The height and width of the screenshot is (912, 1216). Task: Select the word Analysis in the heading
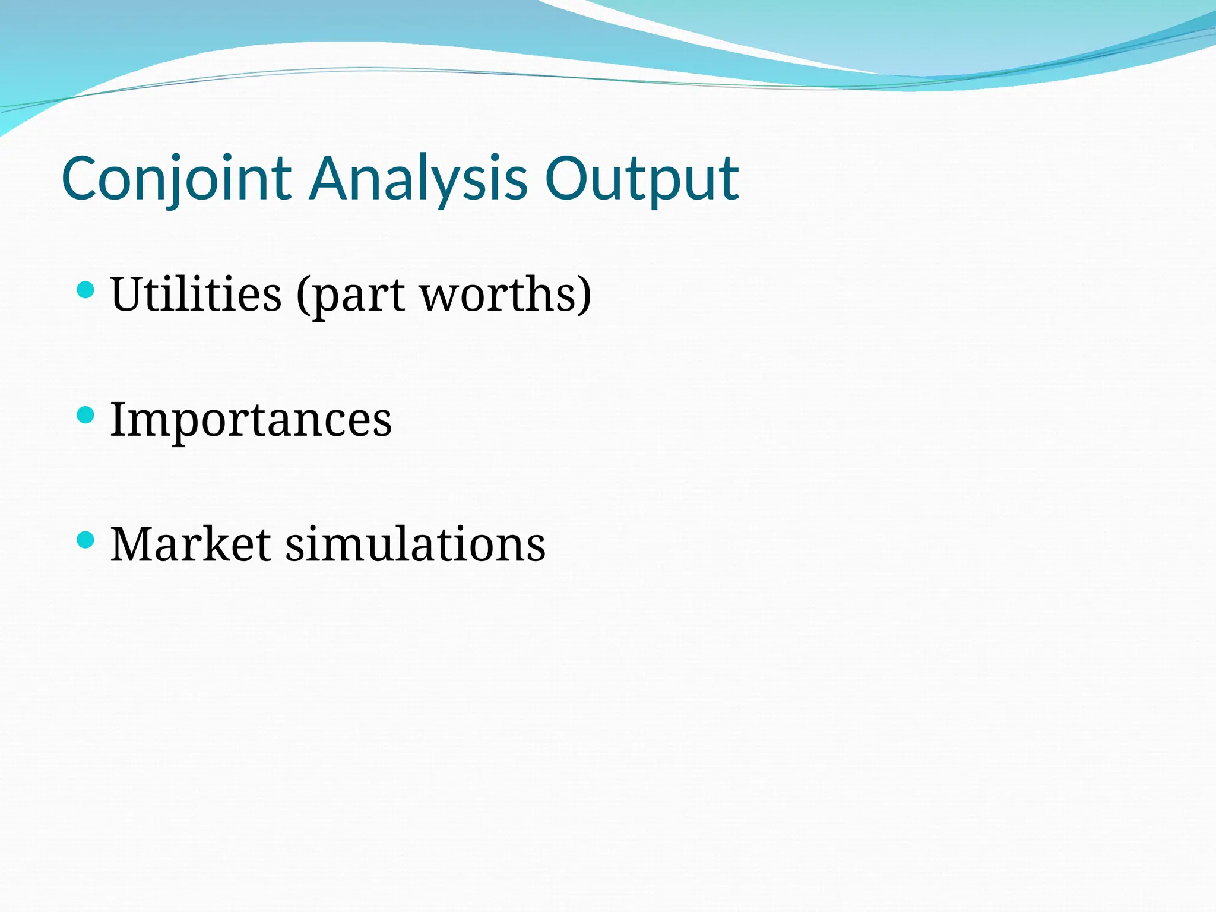click(419, 178)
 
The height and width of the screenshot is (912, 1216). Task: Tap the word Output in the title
click(642, 178)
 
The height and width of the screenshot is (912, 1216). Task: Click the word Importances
click(251, 419)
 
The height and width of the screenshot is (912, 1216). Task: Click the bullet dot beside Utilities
click(86, 290)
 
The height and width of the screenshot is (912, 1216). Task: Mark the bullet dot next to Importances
click(86, 415)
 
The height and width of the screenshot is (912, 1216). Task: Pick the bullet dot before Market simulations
click(86, 540)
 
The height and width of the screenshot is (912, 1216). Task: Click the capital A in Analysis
click(331, 178)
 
